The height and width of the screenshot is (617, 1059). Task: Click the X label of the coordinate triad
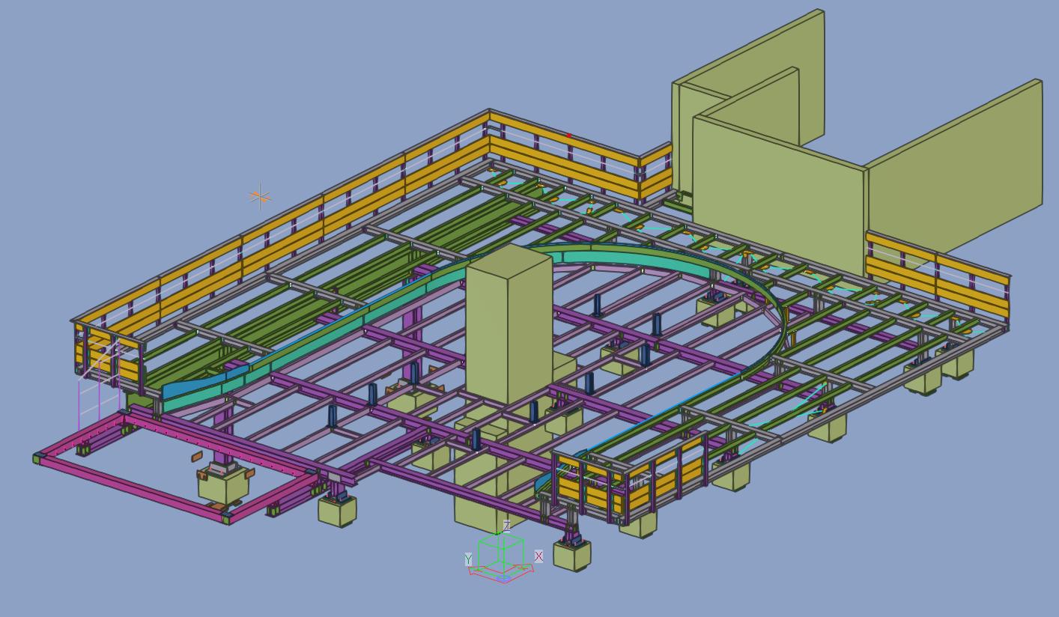click(x=538, y=556)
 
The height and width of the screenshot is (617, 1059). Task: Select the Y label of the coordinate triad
click(x=468, y=559)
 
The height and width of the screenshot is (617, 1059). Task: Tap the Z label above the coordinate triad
click(x=507, y=526)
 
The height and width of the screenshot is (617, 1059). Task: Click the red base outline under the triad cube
click(x=501, y=574)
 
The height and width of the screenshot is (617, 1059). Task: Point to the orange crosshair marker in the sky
click(x=260, y=196)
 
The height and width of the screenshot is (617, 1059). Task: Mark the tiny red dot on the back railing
click(x=568, y=136)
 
